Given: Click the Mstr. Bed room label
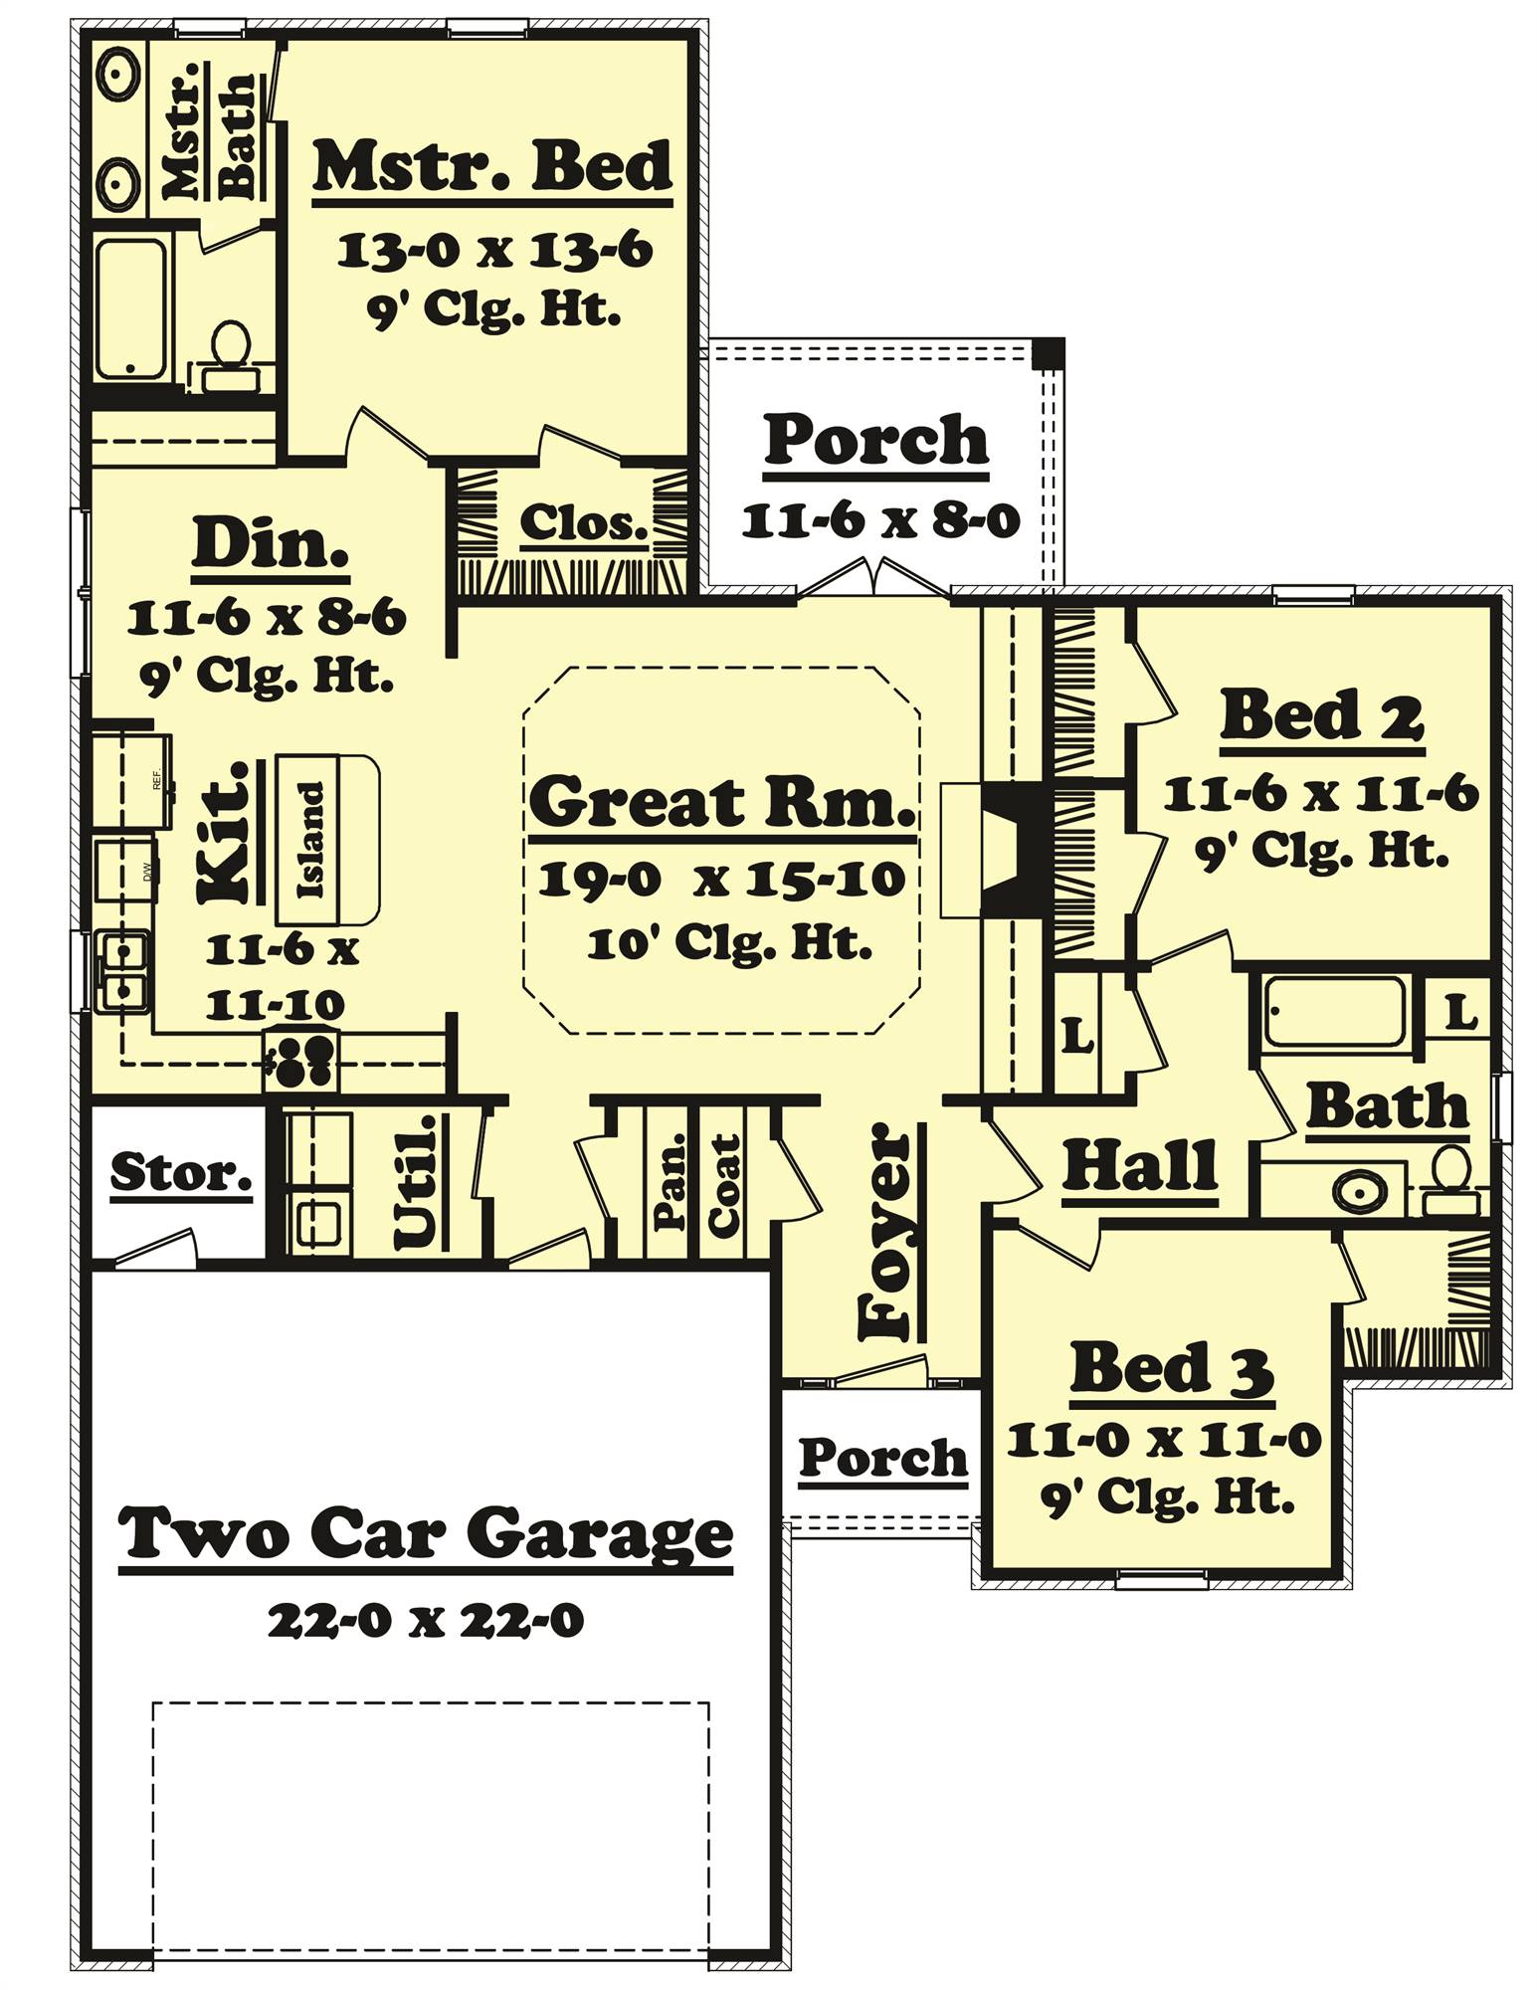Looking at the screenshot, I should (492, 167).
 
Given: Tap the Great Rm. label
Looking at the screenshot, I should (721, 801).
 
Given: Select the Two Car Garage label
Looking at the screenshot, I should (426, 1534).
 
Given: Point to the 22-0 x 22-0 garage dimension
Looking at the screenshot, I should (426, 1622).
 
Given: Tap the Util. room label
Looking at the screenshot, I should (416, 1181).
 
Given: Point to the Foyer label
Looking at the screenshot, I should (885, 1233).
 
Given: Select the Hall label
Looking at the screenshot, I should (1140, 1165).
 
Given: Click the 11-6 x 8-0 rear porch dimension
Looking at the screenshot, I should (880, 520).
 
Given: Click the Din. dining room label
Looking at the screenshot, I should (270, 545).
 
